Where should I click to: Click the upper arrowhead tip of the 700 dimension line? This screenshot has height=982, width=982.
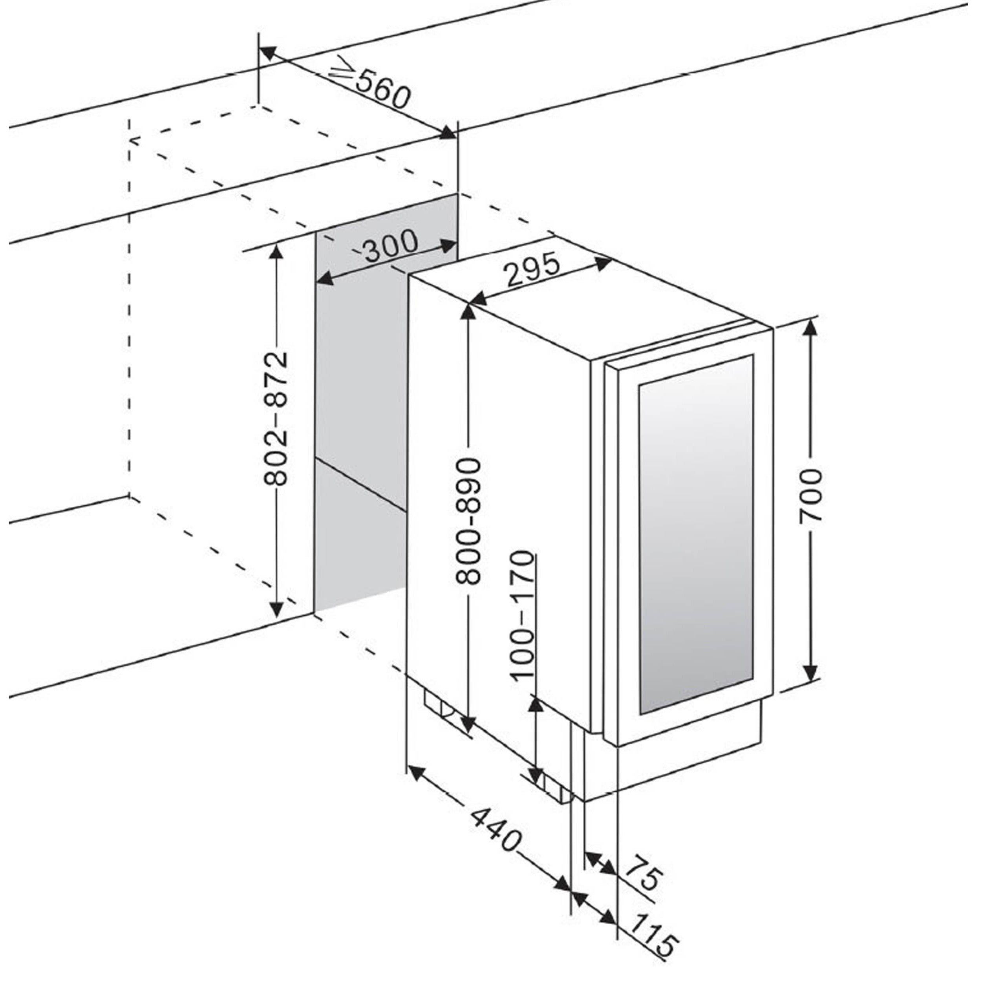pyautogui.click(x=811, y=321)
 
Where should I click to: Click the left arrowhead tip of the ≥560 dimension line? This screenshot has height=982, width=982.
pyautogui.click(x=259, y=49)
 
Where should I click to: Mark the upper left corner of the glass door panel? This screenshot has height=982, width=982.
pyautogui.click(x=639, y=382)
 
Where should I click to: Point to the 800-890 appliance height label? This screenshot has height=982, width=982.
pyautogui.click(x=468, y=521)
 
